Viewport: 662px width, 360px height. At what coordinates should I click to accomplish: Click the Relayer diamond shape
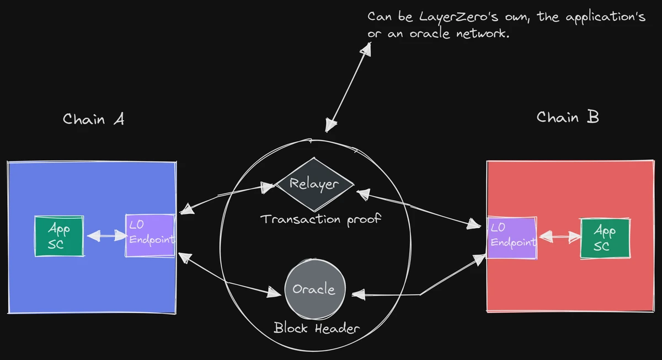point(314,184)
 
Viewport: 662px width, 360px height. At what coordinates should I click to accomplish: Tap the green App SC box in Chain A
point(59,236)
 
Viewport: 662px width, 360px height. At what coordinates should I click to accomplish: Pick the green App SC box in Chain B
point(605,238)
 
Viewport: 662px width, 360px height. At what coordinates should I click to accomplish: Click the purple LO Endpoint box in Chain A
point(150,235)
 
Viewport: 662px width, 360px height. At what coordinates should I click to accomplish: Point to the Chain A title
point(93,119)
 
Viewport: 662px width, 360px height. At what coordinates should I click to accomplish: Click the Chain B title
point(567,117)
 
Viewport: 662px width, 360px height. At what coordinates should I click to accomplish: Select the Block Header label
point(317,329)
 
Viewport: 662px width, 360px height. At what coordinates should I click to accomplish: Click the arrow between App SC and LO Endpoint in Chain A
point(105,236)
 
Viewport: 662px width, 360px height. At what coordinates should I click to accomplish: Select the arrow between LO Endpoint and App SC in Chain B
point(559,237)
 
